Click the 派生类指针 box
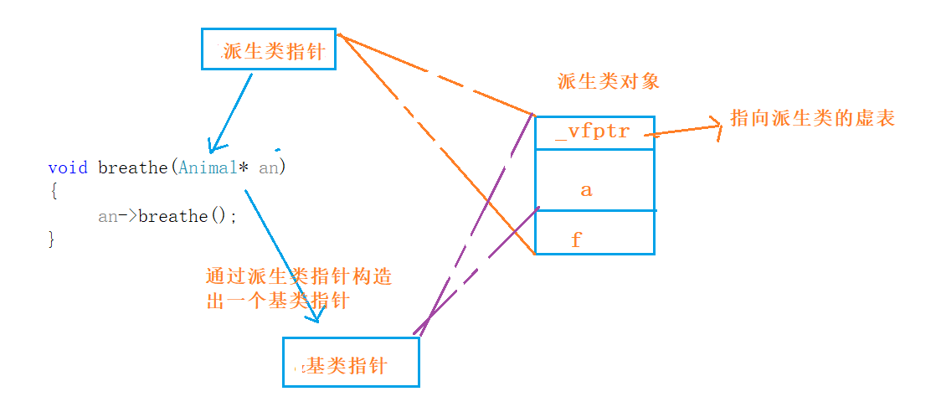(x=269, y=50)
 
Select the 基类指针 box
(x=350, y=363)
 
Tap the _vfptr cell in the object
(x=594, y=132)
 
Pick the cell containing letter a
(x=594, y=190)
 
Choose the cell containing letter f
(x=594, y=240)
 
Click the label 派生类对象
(x=609, y=81)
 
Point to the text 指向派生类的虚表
(x=812, y=118)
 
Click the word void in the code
(x=68, y=167)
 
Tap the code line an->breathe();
(x=167, y=216)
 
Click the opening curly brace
(x=52, y=191)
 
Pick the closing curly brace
(x=52, y=239)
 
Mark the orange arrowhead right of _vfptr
(x=715, y=126)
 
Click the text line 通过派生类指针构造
(x=298, y=277)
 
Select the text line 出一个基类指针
(x=277, y=301)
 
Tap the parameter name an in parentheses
(x=270, y=167)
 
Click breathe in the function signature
(x=133, y=167)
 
